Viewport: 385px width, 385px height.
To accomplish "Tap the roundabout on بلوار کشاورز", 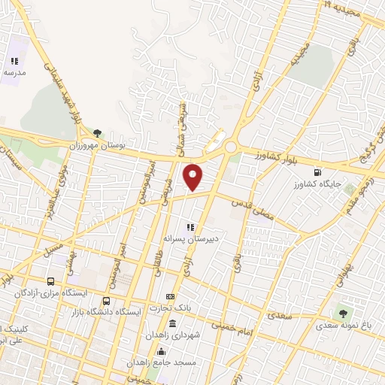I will click(x=231, y=147).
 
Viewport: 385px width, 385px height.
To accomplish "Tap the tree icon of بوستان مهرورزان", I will click(x=97, y=132).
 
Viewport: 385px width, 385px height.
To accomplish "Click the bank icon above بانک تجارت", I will click(x=170, y=296).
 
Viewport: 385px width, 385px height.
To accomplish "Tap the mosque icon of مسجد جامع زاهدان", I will click(x=160, y=351).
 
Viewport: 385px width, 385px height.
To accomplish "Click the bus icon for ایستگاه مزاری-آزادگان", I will click(x=50, y=280).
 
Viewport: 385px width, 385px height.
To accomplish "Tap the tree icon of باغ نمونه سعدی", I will click(x=344, y=314).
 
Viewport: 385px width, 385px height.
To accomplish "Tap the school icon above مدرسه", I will click(x=14, y=62).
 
